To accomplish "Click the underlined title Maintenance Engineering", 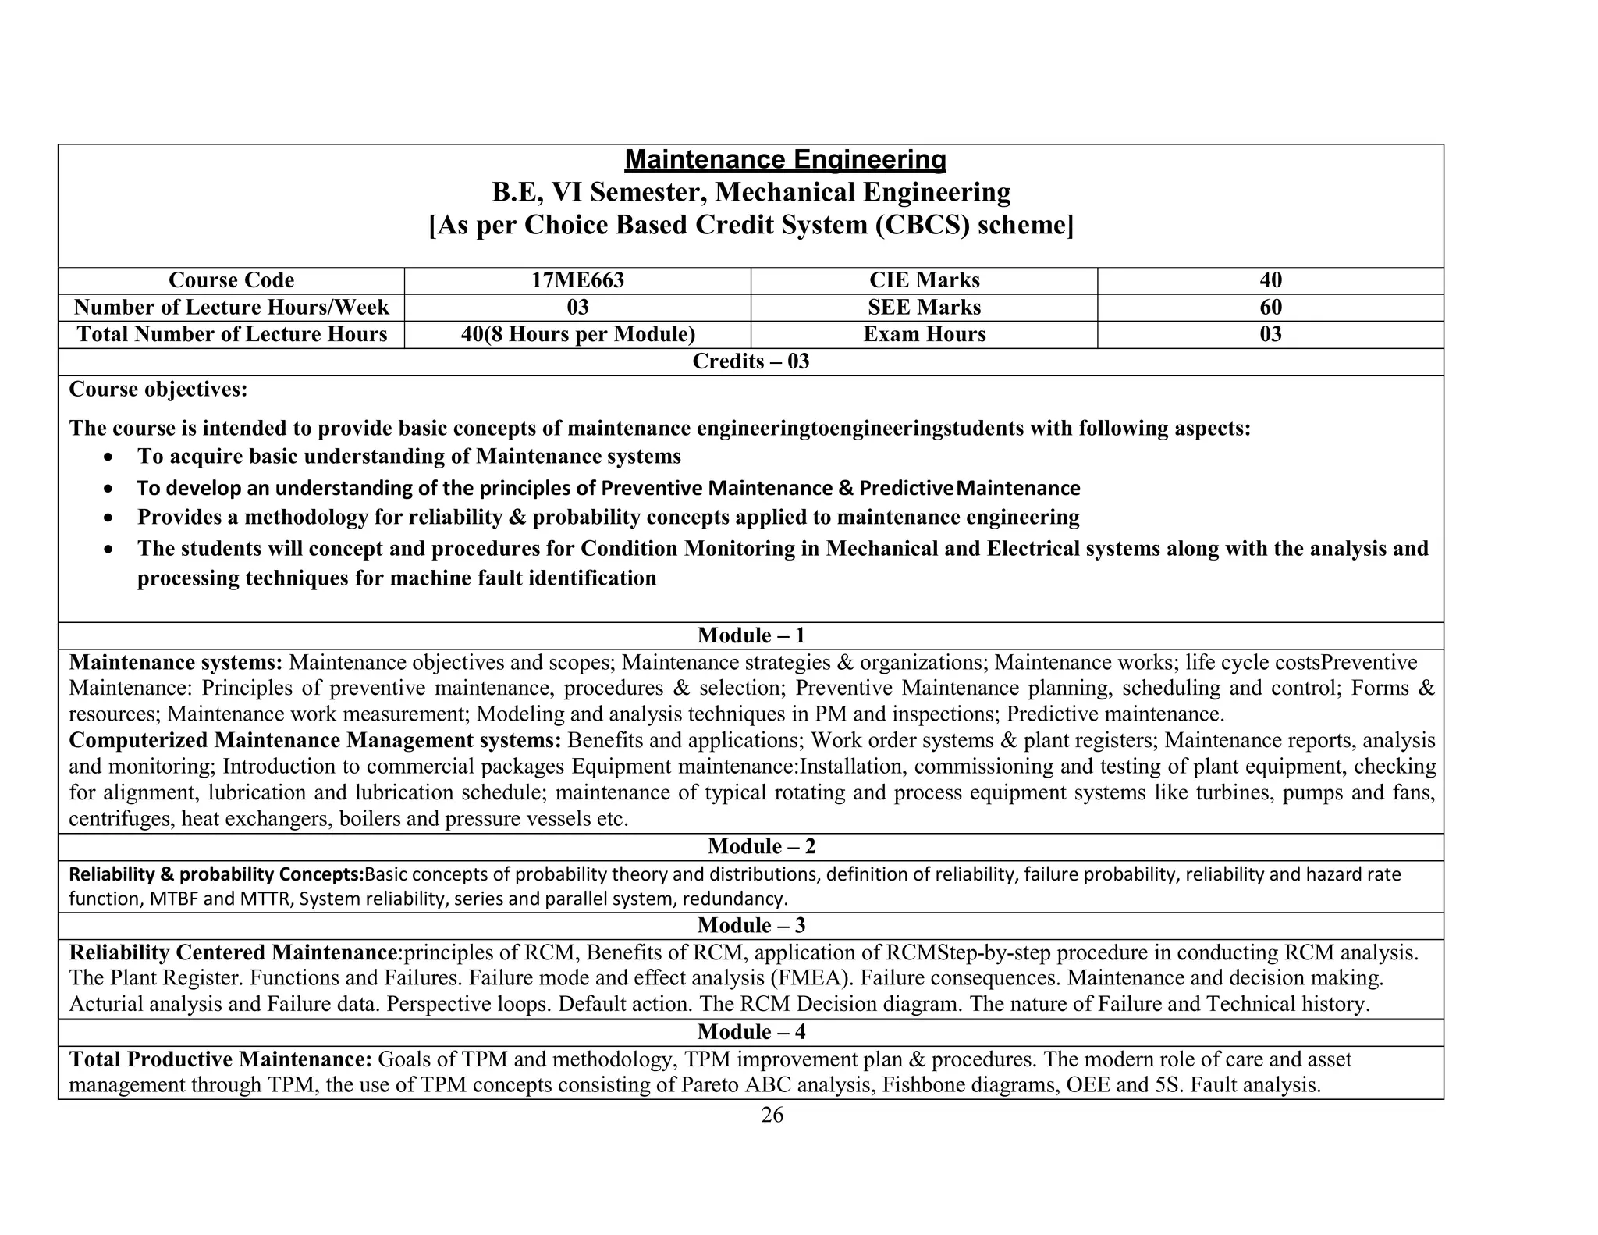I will click(x=785, y=160).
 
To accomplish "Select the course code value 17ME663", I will click(x=577, y=280).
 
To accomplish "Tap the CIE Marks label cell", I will click(x=924, y=280).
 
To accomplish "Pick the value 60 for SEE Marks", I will click(x=1270, y=308).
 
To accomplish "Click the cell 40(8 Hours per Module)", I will click(x=577, y=335).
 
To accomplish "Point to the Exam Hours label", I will click(x=924, y=335).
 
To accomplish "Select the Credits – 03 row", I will click(x=751, y=361).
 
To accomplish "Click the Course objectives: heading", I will click(x=158, y=389).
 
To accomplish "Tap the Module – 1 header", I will click(x=751, y=635).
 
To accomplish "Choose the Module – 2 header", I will click(x=762, y=847).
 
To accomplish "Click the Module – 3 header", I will click(x=751, y=926).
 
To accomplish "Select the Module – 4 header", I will click(x=751, y=1032).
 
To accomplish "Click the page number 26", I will click(x=772, y=1116).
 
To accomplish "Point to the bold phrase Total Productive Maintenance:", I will click(x=221, y=1059).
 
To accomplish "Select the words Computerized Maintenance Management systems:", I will click(x=315, y=740).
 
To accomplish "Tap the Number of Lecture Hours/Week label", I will click(x=231, y=308).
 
